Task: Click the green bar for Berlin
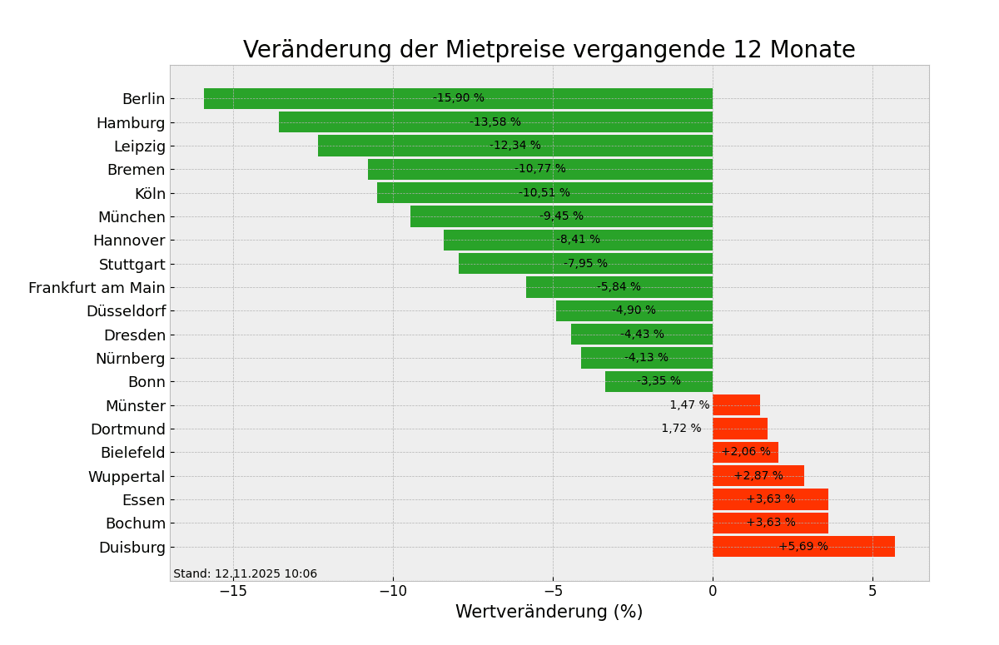point(333,98)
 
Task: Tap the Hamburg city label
point(131,123)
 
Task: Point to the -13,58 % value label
point(495,122)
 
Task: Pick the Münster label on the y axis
point(135,406)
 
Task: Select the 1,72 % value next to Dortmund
point(681,429)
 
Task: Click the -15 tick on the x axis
point(233,592)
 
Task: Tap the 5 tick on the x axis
point(872,592)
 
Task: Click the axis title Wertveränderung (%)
point(549,613)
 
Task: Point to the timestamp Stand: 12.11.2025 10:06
point(245,574)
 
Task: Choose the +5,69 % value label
point(803,547)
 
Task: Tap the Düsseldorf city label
point(126,311)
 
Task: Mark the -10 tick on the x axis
point(393,592)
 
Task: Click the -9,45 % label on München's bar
point(561,216)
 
